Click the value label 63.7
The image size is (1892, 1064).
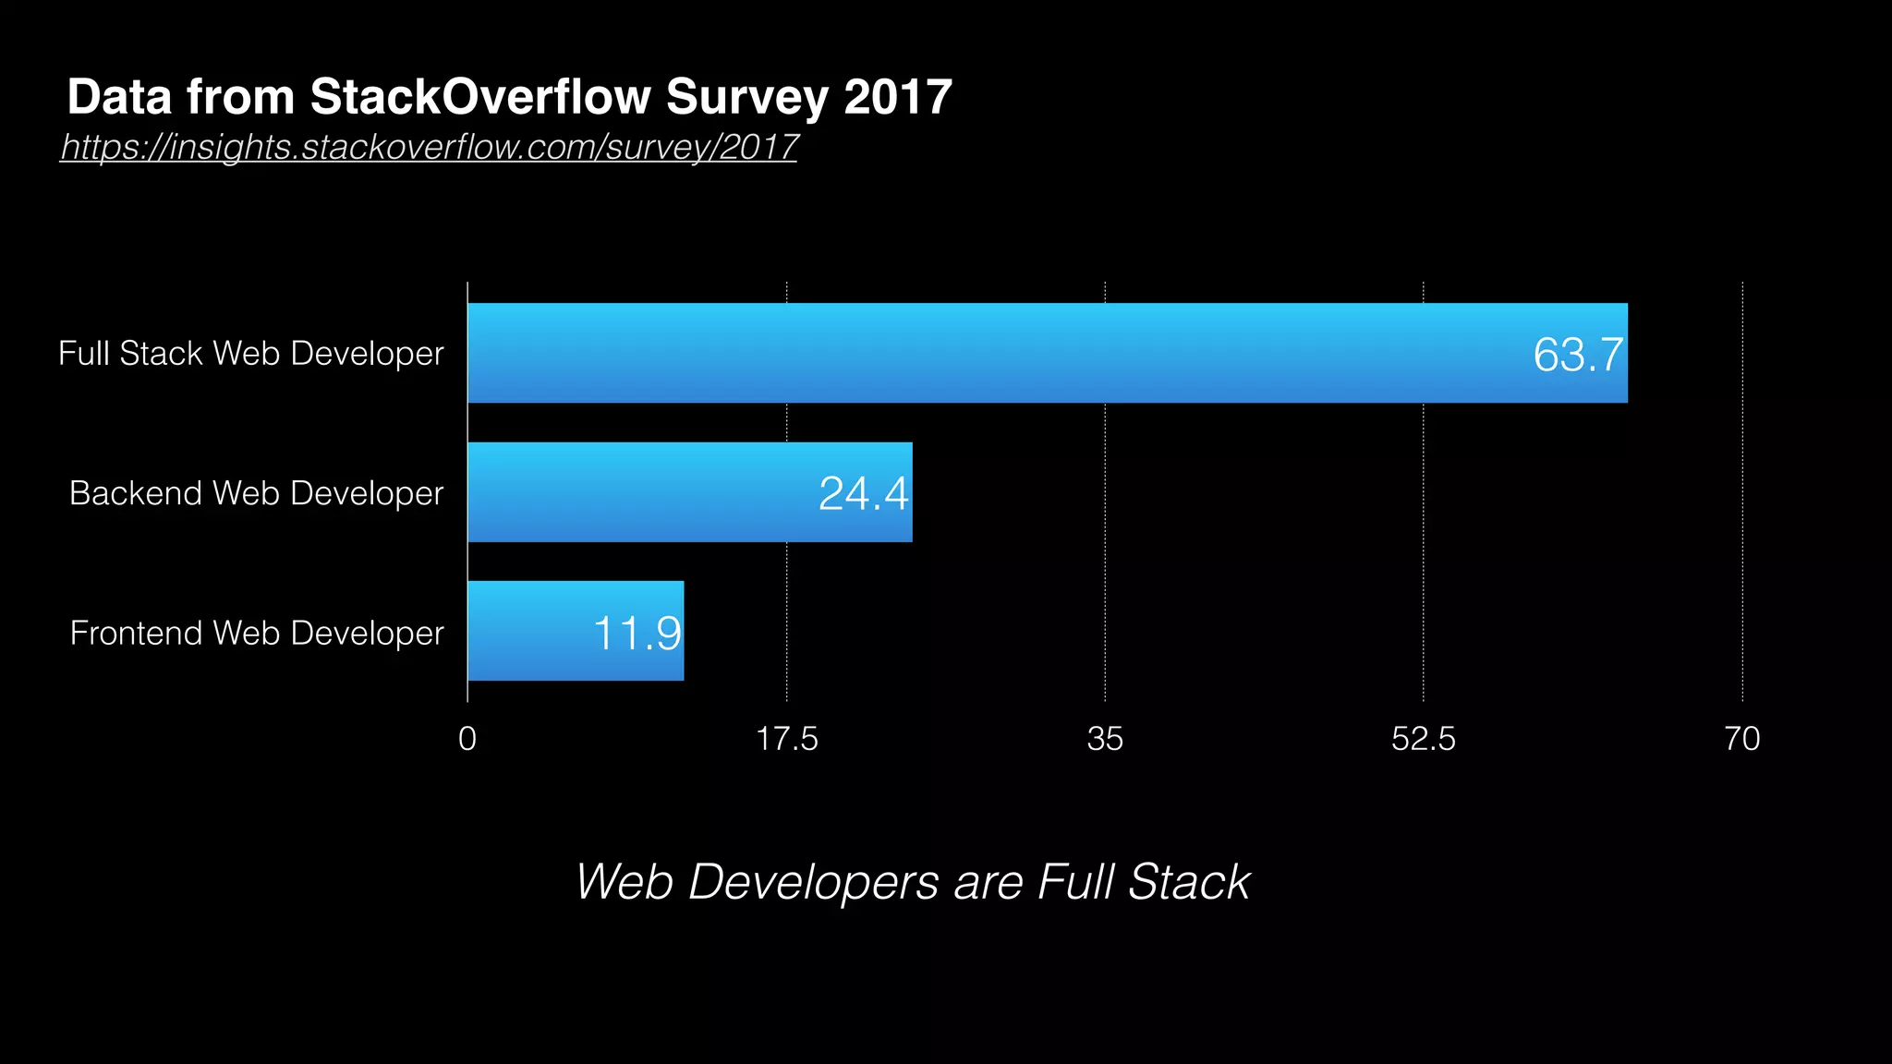(1577, 355)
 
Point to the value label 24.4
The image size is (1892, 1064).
(863, 493)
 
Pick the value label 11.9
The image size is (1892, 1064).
(637, 634)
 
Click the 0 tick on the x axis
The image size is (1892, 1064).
(467, 739)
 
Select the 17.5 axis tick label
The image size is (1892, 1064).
(786, 739)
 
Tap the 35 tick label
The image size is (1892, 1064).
(1105, 739)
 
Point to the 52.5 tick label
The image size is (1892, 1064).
(1423, 739)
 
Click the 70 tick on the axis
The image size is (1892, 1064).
(1742, 739)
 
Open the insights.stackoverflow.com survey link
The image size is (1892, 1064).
(429, 147)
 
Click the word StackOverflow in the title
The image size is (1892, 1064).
(479, 97)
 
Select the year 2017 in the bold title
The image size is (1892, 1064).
(897, 97)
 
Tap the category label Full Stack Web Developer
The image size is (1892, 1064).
(250, 354)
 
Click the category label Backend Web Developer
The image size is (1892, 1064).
(256, 493)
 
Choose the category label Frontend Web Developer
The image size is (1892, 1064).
(257, 633)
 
